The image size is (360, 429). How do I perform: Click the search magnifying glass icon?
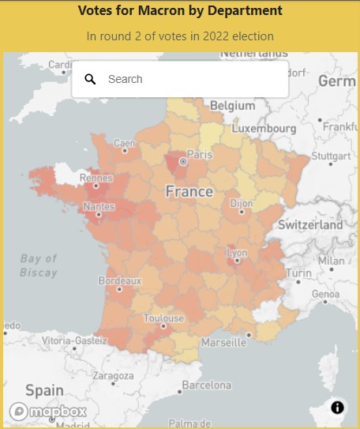pyautogui.click(x=90, y=79)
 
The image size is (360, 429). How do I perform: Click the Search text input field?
pyautogui.click(x=189, y=79)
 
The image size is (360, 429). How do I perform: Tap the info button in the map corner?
pyautogui.click(x=337, y=408)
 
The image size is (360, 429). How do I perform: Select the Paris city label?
pyautogui.click(x=200, y=154)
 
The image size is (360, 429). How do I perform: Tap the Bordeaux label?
pyautogui.click(x=119, y=280)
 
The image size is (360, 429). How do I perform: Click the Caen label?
pyautogui.click(x=125, y=143)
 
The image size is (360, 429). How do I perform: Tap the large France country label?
pyautogui.click(x=189, y=191)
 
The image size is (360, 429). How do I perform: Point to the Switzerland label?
pyautogui.click(x=310, y=224)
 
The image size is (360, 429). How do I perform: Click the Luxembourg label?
pyautogui.click(x=269, y=128)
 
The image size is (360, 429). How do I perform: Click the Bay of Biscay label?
pyautogui.click(x=39, y=265)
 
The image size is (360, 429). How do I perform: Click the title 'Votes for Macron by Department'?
pyautogui.click(x=180, y=11)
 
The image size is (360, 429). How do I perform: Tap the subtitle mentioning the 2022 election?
pyautogui.click(x=180, y=36)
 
